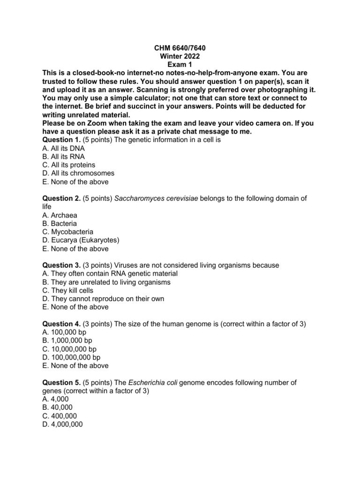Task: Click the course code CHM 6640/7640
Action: [x=180, y=48]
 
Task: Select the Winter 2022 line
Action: [x=180, y=56]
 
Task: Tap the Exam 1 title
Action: [x=180, y=65]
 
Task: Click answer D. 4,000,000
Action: [x=62, y=425]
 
